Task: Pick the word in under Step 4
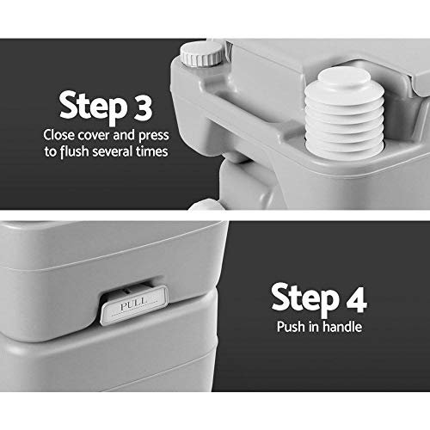312,328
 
